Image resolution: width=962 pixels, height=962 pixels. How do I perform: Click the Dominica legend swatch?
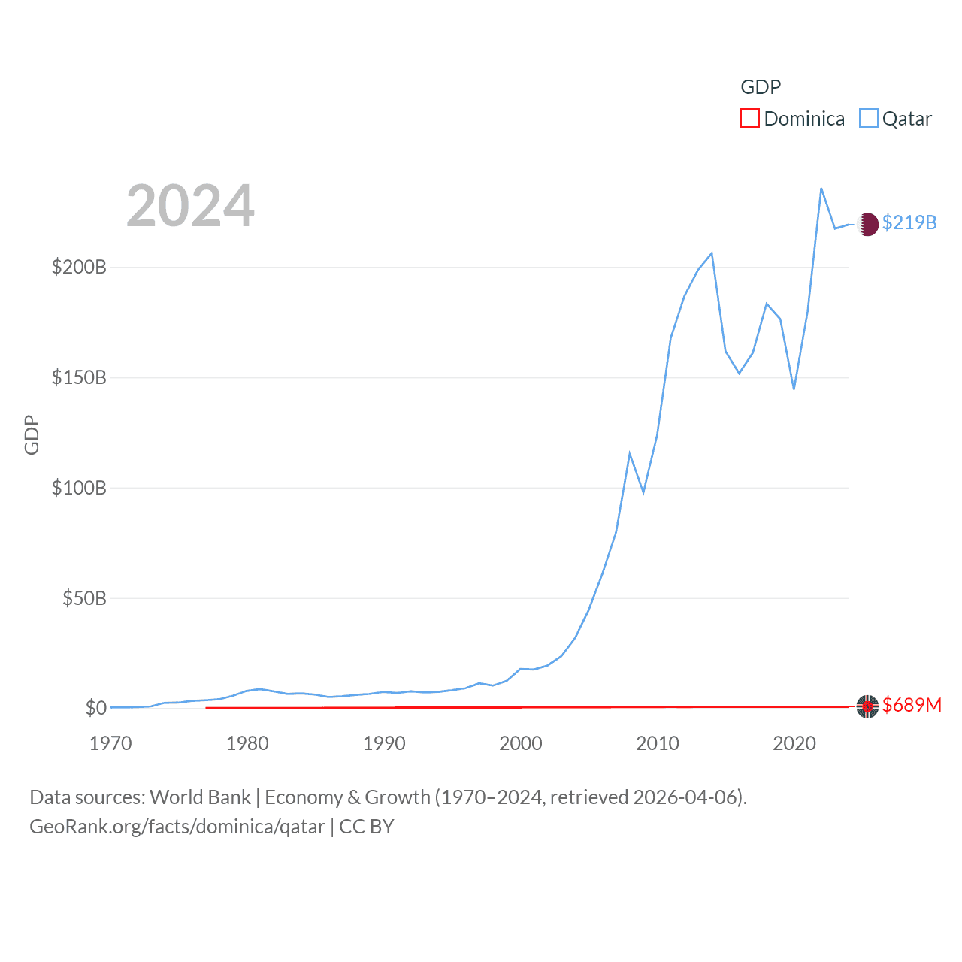(749, 119)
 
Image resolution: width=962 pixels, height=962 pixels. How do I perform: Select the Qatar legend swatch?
(868, 119)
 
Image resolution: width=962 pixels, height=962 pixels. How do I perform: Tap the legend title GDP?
(761, 87)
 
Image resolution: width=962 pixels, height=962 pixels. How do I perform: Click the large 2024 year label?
(190, 206)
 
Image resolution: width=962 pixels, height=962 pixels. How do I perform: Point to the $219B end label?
(909, 222)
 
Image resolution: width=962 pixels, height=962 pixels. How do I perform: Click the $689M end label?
(912, 705)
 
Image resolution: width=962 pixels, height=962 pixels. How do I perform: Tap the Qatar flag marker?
(867, 224)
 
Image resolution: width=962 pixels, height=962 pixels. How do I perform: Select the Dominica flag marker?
(867, 706)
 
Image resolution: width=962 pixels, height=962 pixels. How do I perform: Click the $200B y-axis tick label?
(79, 267)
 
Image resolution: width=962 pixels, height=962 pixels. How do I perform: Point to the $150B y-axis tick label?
(79, 377)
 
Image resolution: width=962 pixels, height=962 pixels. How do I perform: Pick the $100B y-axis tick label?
(79, 488)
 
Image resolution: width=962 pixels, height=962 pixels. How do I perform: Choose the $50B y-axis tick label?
(84, 598)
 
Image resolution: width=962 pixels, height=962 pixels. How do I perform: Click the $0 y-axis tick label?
(95, 708)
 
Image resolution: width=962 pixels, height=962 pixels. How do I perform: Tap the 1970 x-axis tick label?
(110, 743)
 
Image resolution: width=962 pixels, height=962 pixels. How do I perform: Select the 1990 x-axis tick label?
(384, 743)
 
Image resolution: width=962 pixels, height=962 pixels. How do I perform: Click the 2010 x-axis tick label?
(658, 743)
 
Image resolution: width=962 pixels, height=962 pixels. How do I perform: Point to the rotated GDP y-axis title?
(32, 434)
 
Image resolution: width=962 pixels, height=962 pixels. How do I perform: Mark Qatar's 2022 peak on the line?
(821, 188)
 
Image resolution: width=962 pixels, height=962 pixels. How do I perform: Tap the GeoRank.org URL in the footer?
(177, 827)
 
